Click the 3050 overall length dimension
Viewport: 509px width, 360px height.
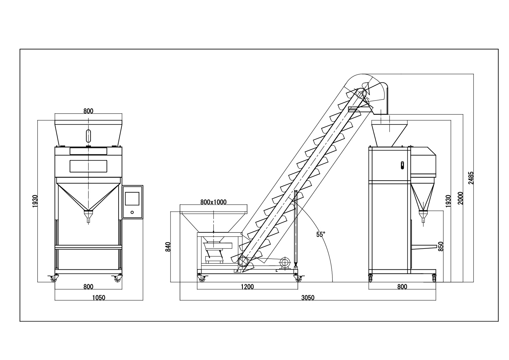pyautogui.click(x=308, y=298)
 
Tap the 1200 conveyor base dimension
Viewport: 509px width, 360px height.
pyautogui.click(x=247, y=287)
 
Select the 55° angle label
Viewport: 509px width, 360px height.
pyautogui.click(x=321, y=235)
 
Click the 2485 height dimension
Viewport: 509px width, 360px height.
pyautogui.click(x=471, y=178)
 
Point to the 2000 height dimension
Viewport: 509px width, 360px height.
pyautogui.click(x=460, y=198)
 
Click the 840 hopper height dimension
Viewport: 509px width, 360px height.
pyautogui.click(x=168, y=246)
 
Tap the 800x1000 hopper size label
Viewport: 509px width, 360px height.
pyautogui.click(x=213, y=202)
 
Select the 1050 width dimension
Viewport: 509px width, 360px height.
pyautogui.click(x=98, y=298)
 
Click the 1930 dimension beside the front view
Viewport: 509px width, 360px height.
pyautogui.click(x=35, y=201)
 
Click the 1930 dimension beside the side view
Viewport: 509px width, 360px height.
pyautogui.click(x=448, y=201)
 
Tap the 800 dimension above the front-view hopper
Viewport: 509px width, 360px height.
pyautogui.click(x=88, y=111)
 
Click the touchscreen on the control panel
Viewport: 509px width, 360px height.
pyautogui.click(x=132, y=199)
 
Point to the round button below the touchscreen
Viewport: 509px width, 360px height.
pyautogui.click(x=132, y=212)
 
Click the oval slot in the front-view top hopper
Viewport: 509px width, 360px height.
pyautogui.click(x=88, y=136)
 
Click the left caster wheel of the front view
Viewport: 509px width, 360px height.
pyautogui.click(x=53, y=279)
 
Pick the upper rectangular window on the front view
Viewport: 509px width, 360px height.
pyautogui.click(x=88, y=151)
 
